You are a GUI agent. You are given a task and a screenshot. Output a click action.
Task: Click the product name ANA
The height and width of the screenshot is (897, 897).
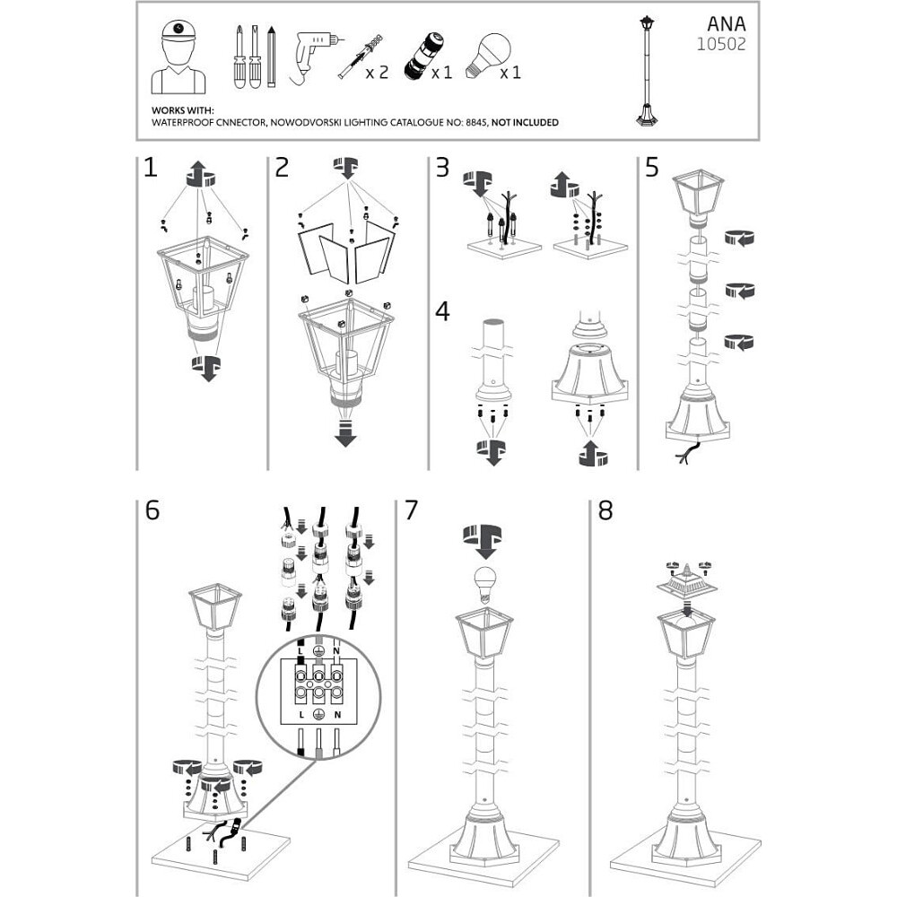click(726, 24)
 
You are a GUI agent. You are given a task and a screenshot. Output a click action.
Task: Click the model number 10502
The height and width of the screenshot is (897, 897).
click(721, 44)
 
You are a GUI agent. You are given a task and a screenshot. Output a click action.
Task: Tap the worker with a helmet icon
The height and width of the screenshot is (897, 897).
click(179, 57)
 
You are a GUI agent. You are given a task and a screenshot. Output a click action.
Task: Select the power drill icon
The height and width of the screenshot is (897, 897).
click(314, 57)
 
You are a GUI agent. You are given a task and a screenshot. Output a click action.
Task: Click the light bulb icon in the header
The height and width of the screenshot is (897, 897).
click(488, 55)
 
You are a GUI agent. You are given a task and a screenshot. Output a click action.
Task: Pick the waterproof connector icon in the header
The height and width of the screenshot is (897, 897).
click(422, 57)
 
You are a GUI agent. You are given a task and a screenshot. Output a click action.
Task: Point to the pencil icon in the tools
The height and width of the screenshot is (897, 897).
click(271, 56)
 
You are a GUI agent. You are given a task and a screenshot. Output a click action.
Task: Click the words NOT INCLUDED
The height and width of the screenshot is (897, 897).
click(525, 122)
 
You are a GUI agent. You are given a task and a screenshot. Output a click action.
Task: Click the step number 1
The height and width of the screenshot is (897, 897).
click(151, 168)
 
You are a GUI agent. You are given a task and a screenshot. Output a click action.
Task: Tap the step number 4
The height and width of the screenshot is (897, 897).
click(442, 312)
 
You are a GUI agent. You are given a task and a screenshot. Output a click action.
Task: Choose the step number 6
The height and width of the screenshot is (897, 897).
click(152, 510)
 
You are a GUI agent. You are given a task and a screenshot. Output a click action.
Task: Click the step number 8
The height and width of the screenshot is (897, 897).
click(605, 510)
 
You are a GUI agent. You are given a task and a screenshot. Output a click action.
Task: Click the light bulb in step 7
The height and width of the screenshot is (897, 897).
click(484, 585)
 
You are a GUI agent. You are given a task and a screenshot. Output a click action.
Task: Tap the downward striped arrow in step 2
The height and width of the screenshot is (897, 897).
click(345, 433)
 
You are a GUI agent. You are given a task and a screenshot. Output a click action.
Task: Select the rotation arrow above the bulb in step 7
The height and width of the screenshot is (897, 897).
click(484, 540)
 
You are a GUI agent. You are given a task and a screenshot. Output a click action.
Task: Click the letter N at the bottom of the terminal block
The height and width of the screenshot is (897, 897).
click(337, 715)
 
